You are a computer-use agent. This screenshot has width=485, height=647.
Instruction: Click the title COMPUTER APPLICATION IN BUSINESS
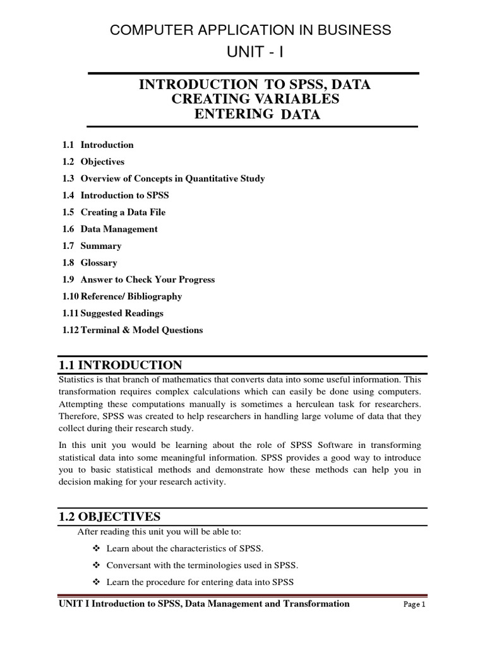[251, 30]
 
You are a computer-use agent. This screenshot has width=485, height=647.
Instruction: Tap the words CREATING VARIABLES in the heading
[256, 99]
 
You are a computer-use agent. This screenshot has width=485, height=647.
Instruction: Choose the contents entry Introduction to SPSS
[124, 195]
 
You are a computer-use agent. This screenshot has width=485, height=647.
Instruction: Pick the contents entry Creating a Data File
[123, 212]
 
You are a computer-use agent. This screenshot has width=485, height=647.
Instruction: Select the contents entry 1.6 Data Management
[110, 229]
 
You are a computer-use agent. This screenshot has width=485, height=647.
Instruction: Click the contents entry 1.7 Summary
[92, 246]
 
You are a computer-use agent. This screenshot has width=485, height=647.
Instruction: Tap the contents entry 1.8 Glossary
[90, 263]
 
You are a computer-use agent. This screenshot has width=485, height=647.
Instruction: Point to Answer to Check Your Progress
[147, 279]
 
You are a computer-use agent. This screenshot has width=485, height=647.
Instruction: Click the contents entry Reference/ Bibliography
[131, 296]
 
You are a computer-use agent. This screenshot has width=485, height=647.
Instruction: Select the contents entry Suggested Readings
[122, 313]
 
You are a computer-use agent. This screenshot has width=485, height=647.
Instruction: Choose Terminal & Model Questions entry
[141, 330]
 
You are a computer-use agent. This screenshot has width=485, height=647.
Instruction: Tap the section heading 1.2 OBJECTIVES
[113, 516]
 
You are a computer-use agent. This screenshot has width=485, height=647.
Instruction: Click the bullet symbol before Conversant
[97, 565]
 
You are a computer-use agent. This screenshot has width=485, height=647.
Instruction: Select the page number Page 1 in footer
[415, 605]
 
